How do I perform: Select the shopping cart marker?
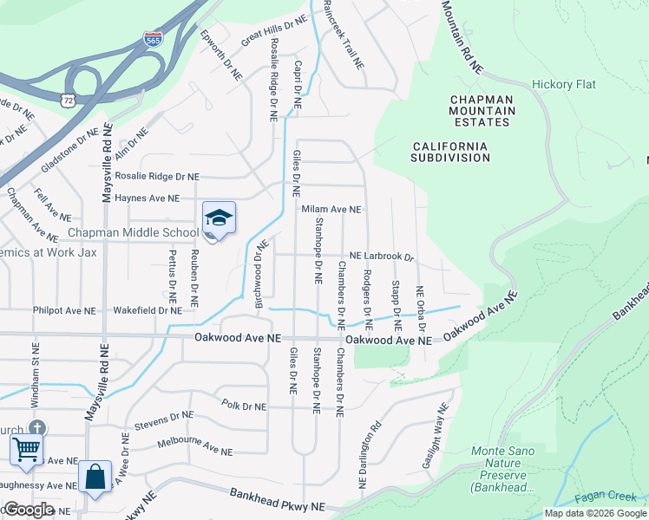(x=26, y=450)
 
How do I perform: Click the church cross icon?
(x=36, y=428)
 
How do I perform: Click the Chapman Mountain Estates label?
(x=482, y=111)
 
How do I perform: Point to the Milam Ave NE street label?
(x=331, y=210)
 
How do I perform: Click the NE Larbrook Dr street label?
(x=382, y=257)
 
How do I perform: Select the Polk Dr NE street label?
(x=244, y=405)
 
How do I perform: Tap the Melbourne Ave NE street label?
(x=195, y=446)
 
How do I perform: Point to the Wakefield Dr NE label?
(x=148, y=309)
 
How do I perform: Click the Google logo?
(x=29, y=509)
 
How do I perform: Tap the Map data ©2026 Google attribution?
(x=595, y=513)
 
